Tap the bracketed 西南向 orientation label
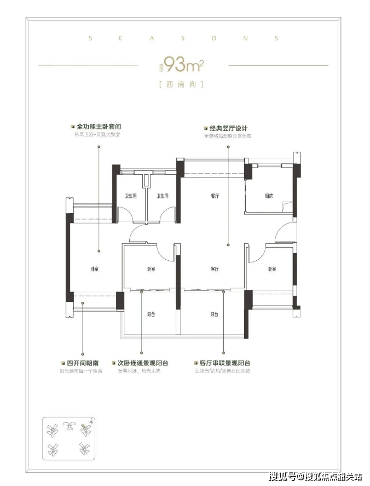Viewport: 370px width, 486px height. point(180,84)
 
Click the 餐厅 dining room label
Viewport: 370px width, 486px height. point(215,196)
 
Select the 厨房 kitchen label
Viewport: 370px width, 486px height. point(269,196)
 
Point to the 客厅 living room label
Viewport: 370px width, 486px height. point(215,270)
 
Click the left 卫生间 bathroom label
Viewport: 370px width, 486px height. point(130,196)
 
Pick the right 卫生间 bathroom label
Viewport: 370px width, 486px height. point(162,196)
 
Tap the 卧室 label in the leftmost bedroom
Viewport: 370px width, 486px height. point(94,270)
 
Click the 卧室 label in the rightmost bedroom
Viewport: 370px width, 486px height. point(272,270)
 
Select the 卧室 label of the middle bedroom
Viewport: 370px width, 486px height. point(151,270)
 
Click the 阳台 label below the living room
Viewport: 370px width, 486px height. point(215,315)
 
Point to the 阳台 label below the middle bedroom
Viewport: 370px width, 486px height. point(151,315)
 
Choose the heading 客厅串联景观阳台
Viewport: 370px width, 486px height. point(224,363)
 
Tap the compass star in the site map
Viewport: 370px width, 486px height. point(91,421)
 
